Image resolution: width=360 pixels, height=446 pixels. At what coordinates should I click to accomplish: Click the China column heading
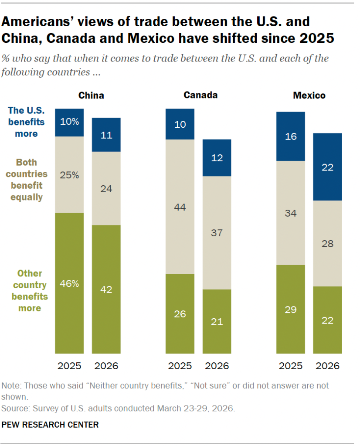[91, 95]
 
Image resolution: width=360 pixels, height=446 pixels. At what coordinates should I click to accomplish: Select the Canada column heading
[200, 95]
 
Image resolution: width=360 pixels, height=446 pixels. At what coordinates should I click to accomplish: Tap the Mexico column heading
[309, 95]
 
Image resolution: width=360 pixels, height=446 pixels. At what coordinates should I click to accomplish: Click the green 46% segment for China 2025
[69, 283]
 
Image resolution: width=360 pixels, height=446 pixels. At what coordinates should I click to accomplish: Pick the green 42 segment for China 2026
[106, 289]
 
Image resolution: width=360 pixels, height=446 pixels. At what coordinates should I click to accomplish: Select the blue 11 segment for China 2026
[106, 135]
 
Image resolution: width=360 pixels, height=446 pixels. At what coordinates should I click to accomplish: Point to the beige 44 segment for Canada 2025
[180, 207]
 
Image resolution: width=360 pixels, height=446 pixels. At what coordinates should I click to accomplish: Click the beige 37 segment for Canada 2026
[217, 233]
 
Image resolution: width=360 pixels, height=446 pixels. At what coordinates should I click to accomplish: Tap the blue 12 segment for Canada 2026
[217, 158]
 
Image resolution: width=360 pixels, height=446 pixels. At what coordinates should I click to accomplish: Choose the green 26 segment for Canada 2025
[180, 313]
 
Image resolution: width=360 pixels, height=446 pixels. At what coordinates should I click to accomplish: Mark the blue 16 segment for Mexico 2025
[291, 136]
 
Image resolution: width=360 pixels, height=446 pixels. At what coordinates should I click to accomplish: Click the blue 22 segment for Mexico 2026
[327, 167]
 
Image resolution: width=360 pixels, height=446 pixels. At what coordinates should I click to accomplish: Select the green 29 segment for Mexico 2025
[291, 309]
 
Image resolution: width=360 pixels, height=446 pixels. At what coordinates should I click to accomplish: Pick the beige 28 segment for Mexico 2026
[327, 243]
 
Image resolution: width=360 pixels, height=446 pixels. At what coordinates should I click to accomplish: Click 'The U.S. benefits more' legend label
[26, 122]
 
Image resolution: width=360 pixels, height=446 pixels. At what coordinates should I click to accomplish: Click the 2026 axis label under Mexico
[327, 366]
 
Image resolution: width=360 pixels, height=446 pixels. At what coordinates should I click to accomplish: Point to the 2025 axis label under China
[69, 366]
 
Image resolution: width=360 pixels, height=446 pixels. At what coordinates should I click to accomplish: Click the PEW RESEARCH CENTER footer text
[50, 424]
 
